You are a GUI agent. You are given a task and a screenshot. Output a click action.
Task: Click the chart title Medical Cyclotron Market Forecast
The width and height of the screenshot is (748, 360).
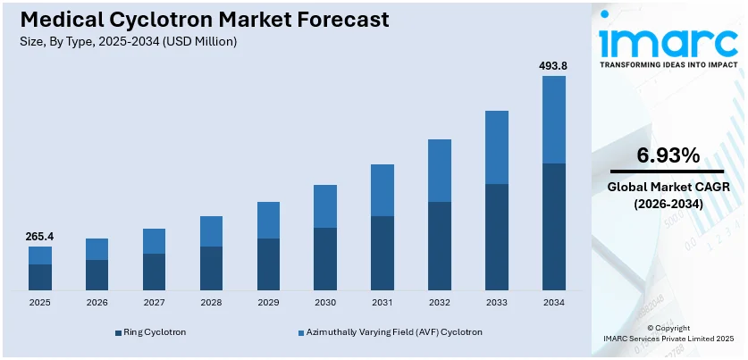(x=200, y=20)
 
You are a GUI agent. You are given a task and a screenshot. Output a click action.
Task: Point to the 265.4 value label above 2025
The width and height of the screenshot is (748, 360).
(x=40, y=237)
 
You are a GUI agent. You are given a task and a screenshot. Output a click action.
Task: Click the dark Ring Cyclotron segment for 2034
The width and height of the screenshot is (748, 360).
(x=554, y=227)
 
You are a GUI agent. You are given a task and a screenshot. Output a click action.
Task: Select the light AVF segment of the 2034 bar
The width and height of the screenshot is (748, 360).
(x=554, y=120)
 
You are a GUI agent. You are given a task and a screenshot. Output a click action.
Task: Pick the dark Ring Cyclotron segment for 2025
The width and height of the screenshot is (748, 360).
(x=40, y=277)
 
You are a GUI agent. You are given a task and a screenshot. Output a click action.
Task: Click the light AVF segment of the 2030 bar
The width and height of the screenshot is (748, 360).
(x=325, y=206)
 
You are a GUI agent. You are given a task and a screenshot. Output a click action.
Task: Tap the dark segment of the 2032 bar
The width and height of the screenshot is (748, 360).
(x=440, y=246)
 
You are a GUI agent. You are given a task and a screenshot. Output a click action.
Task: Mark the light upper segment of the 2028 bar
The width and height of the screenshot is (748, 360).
(x=211, y=231)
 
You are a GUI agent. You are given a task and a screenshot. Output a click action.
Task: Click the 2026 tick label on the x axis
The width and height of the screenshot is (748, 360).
(x=97, y=303)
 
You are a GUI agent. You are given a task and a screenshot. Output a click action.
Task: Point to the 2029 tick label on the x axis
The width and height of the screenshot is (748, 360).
(x=268, y=303)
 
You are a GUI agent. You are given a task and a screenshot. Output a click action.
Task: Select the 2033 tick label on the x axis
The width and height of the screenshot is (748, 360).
(x=497, y=303)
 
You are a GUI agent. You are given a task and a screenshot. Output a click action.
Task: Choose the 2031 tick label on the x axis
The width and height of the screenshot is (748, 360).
(x=382, y=303)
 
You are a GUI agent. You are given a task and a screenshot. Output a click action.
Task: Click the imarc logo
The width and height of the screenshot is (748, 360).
(x=668, y=40)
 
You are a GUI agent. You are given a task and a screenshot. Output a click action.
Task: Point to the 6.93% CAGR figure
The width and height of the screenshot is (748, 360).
(x=668, y=155)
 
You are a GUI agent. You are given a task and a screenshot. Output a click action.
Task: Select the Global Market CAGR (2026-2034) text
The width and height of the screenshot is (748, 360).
(x=668, y=196)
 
